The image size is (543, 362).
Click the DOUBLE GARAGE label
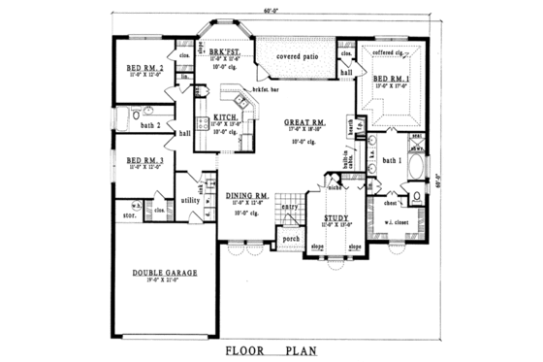click(165, 274)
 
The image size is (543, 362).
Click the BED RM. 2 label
click(144, 68)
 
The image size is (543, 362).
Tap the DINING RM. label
click(248, 195)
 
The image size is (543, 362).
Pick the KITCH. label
click(227, 116)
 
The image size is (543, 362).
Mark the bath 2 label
click(149, 125)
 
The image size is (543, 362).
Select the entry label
click(289, 206)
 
